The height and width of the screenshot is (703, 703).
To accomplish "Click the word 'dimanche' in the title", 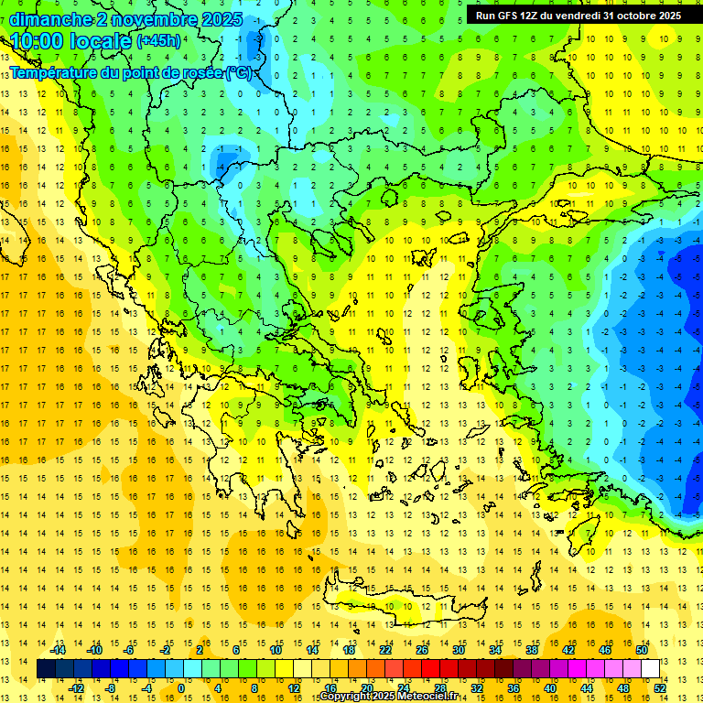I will [50, 19].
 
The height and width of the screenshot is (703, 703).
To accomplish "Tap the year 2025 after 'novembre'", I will [220, 19].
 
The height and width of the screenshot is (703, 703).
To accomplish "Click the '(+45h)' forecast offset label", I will [158, 41].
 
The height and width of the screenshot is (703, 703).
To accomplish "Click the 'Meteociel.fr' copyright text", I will [422, 697].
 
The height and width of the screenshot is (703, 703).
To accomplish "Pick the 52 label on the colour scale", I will [660, 687].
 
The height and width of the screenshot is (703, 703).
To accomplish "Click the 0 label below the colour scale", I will [181, 687].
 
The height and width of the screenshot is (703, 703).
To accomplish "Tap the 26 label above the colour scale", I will [422, 650].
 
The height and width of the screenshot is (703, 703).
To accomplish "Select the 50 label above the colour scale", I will [641, 650].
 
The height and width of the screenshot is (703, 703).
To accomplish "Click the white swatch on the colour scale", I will [650, 669].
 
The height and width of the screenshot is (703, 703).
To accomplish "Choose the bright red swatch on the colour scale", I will [431, 669].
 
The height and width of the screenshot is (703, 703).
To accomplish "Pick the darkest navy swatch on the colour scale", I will [47, 669].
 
